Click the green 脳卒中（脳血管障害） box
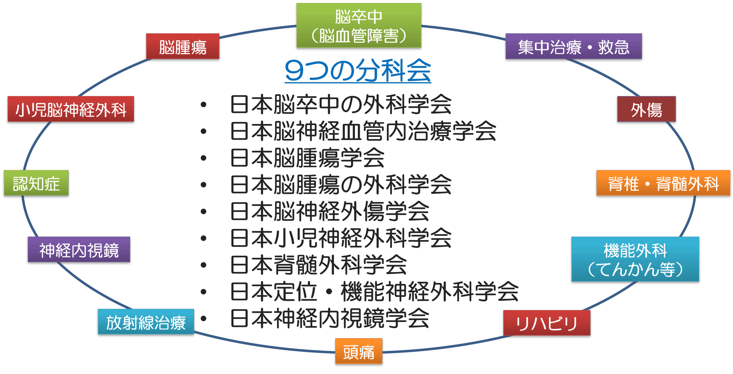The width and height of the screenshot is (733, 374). coord(358,26)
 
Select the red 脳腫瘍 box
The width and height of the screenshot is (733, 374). coord(183,46)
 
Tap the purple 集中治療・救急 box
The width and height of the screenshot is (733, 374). coord(574,46)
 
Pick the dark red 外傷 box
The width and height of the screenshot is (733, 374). coord(646,109)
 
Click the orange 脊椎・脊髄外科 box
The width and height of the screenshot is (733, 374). coord(663,183)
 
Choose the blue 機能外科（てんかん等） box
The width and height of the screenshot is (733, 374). coord(635,259)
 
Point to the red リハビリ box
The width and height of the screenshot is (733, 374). coord(547,323)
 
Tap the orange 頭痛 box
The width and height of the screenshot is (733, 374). coord(358,351)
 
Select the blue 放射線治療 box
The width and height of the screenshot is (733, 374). coord(146,322)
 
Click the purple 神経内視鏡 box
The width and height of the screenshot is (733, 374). coord(79,250)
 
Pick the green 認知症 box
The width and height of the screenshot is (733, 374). coord(36,183)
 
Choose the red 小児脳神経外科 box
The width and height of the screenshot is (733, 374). coord(71,109)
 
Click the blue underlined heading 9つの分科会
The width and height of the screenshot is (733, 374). coord(358,71)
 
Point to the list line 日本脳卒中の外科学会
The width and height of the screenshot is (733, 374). coord(341,105)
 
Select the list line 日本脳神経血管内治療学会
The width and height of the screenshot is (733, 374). coord(363,131)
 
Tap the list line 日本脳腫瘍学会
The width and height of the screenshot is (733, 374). coord(307,158)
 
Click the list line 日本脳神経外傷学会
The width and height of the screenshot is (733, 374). coord(330,212)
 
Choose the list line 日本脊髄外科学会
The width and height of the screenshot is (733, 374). coord(318,265)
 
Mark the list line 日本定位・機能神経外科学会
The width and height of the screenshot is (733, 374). coord(374,292)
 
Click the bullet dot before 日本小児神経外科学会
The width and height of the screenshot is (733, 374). coord(204,238)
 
